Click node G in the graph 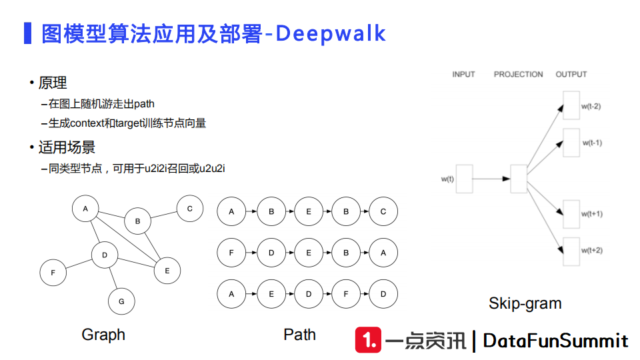point(121,301)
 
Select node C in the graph point(189,209)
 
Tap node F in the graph point(53,272)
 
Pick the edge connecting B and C point(163,215)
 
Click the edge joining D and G point(113,279)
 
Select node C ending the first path point(383,212)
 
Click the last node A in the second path point(383,253)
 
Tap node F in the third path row point(345,294)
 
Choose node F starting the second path point(231,253)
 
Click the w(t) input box point(464,178)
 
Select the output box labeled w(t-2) point(571,106)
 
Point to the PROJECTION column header point(518,75)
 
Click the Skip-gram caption point(525,303)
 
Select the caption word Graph point(103,335)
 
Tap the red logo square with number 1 point(368,341)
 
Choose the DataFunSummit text point(555,341)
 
